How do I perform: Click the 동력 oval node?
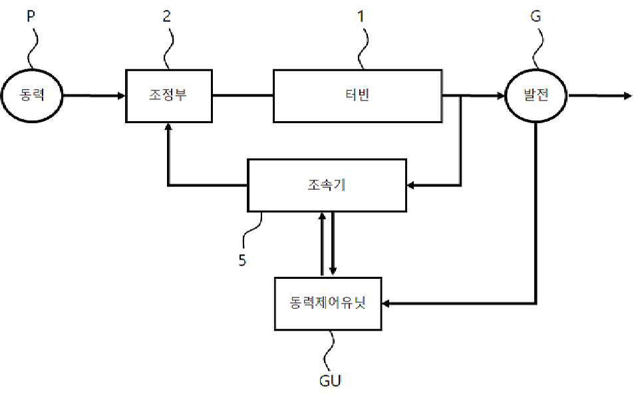[x=33, y=95]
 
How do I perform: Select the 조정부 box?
[x=168, y=95]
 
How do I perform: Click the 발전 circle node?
[x=536, y=95]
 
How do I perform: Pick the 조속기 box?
[x=327, y=185]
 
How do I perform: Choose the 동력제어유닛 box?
[x=328, y=303]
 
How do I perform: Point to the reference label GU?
[x=331, y=381]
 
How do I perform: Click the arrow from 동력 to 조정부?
[x=93, y=96]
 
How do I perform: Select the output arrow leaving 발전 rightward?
[x=599, y=96]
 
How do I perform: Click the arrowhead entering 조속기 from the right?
[x=411, y=185]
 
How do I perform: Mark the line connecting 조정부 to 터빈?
[x=242, y=96]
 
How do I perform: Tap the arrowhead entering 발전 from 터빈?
[x=500, y=96]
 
